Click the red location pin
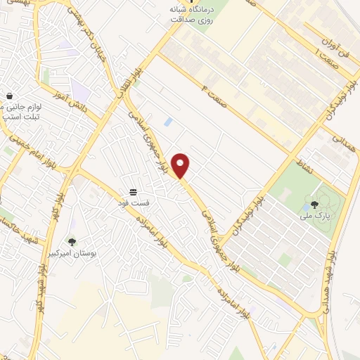[x=181, y=165]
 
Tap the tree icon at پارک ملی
[x=314, y=205]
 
